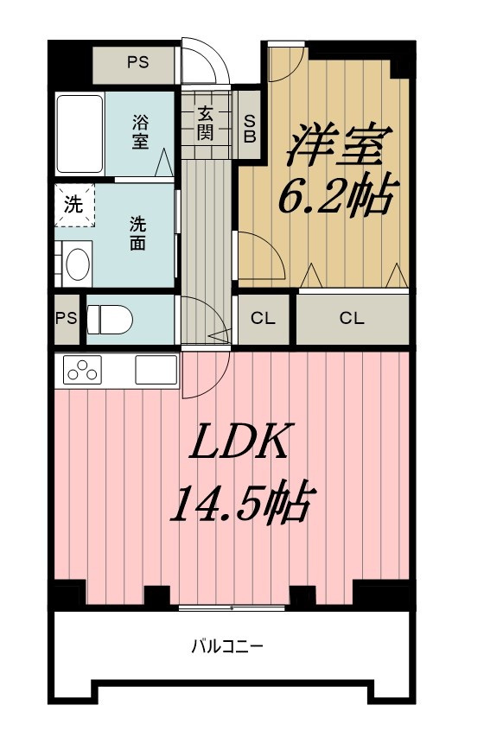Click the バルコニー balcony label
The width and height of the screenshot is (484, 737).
[227, 645]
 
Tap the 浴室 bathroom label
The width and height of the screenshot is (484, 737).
[141, 131]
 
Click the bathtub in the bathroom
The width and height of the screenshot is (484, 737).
[80, 134]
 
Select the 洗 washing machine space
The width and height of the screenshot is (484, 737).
[73, 206]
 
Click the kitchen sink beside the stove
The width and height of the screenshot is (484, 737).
[156, 371]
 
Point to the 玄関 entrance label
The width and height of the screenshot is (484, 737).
[205, 122]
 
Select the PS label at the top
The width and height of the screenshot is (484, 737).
[137, 62]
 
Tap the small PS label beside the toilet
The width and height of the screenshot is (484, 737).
[67, 317]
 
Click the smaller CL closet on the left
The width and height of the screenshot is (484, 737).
[264, 318]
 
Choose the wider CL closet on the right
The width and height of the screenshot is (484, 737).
[352, 318]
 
